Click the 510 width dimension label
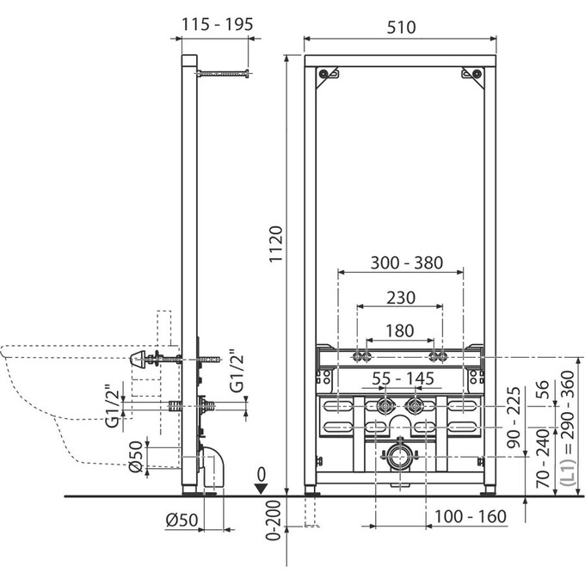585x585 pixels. pyautogui.click(x=401, y=28)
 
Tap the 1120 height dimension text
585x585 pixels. pyautogui.click(x=277, y=244)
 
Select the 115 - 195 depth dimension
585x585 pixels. pyautogui.click(x=217, y=25)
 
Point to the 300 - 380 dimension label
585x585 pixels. pyautogui.click(x=407, y=262)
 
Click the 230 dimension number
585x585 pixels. pyautogui.click(x=401, y=298)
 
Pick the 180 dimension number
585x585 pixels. pyautogui.click(x=399, y=331)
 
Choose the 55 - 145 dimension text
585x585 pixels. pyautogui.click(x=403, y=379)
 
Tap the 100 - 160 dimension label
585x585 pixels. pyautogui.click(x=471, y=517)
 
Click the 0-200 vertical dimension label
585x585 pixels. pyautogui.click(x=274, y=520)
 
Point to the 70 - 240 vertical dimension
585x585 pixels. pyautogui.click(x=543, y=459)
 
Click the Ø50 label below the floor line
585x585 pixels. pyautogui.click(x=182, y=520)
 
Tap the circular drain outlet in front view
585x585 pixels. pyautogui.click(x=399, y=457)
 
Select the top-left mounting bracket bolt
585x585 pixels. pyautogui.click(x=323, y=74)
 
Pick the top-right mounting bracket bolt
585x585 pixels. pyautogui.click(x=477, y=74)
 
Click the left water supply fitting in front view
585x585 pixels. pyautogui.click(x=385, y=406)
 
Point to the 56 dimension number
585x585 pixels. pyautogui.click(x=543, y=389)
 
